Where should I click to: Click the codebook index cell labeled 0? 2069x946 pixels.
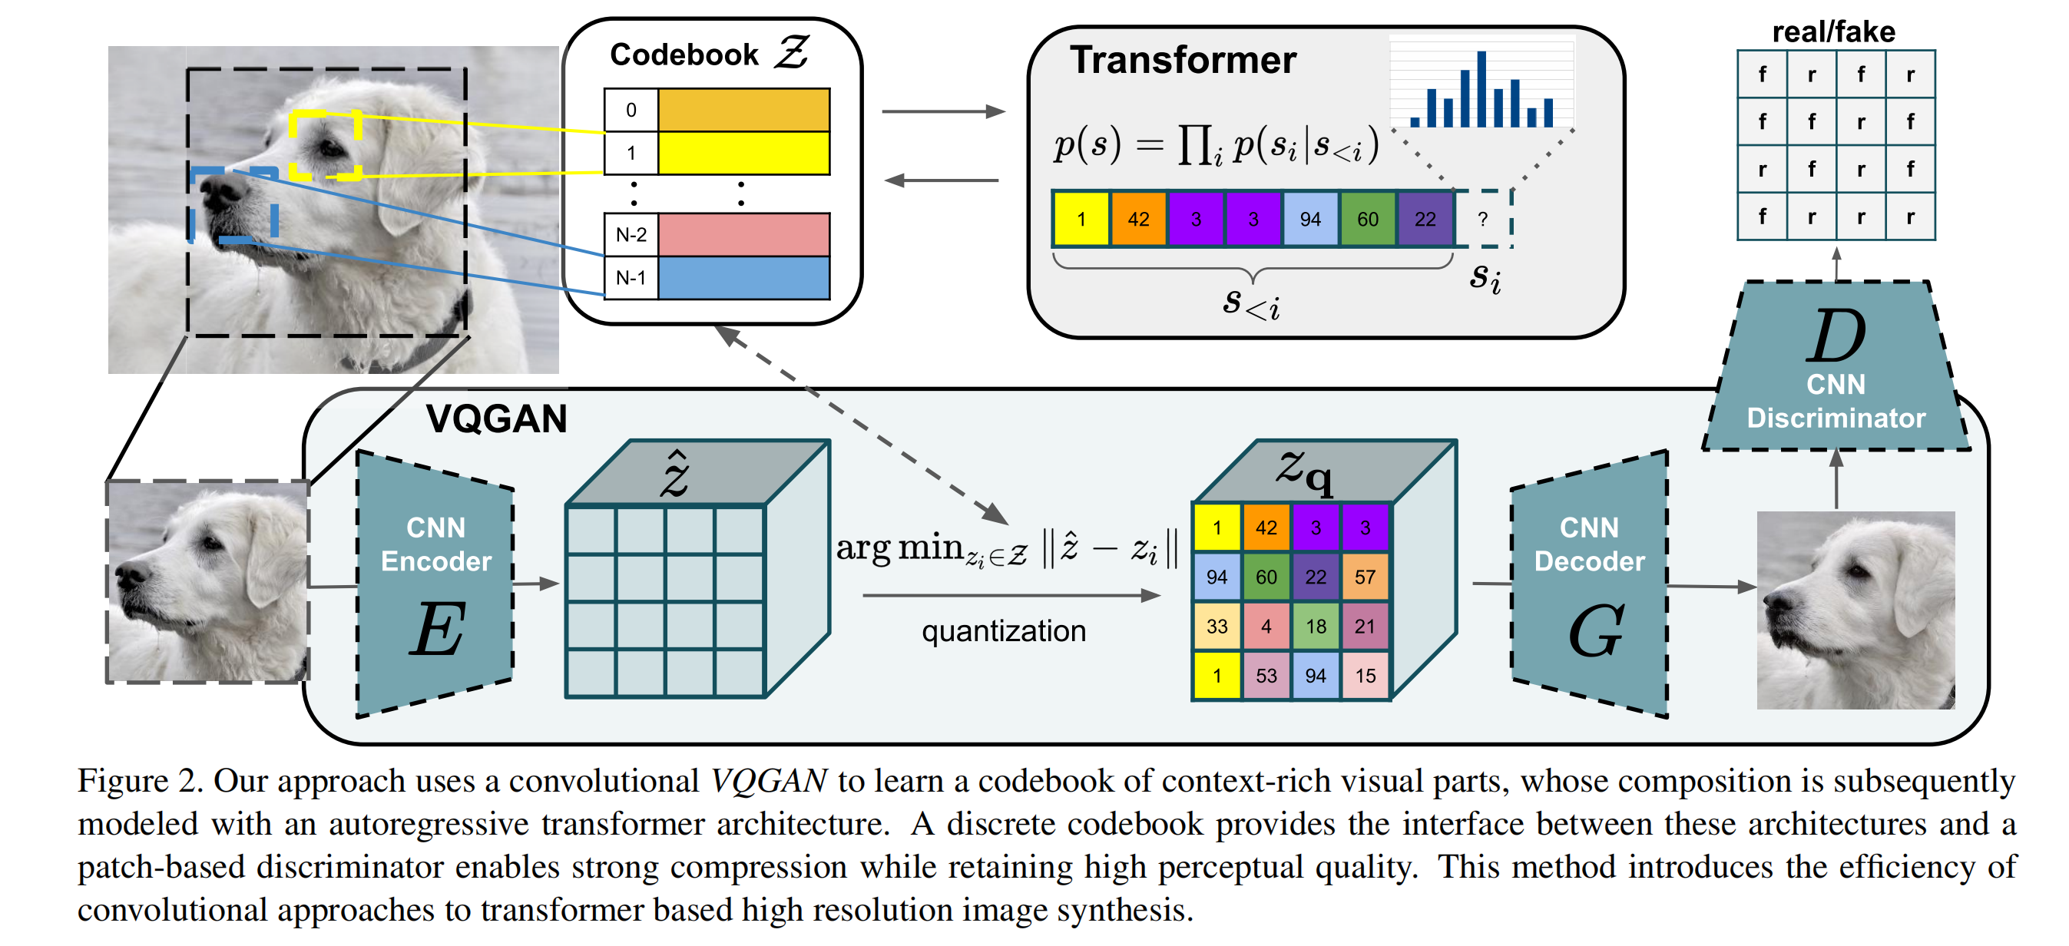coord(631,110)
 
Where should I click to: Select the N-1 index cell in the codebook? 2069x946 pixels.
coord(631,278)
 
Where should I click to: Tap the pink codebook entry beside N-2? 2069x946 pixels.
coord(743,234)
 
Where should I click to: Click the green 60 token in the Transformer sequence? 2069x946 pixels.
coord(1367,218)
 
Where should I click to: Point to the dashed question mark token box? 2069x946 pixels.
coord(1483,218)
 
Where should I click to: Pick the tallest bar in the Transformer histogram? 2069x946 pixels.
coord(1481,89)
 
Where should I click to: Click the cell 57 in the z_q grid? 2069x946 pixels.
coord(1365,577)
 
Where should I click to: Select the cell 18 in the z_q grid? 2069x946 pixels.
coord(1315,627)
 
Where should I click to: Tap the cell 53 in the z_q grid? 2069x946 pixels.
coord(1266,676)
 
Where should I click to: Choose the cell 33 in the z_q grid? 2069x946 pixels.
coord(1216,627)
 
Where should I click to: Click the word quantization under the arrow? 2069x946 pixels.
coord(1003,631)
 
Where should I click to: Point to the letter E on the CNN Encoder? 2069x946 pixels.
coord(438,629)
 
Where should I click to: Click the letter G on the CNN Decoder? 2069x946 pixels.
coord(1595,631)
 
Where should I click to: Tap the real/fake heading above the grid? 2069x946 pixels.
coord(1833,32)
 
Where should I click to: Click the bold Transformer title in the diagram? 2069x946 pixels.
coord(1182,60)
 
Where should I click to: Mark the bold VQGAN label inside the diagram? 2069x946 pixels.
coord(496,419)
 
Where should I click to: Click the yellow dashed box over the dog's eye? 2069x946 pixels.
coord(326,145)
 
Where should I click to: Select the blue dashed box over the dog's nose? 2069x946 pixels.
coord(233,205)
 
